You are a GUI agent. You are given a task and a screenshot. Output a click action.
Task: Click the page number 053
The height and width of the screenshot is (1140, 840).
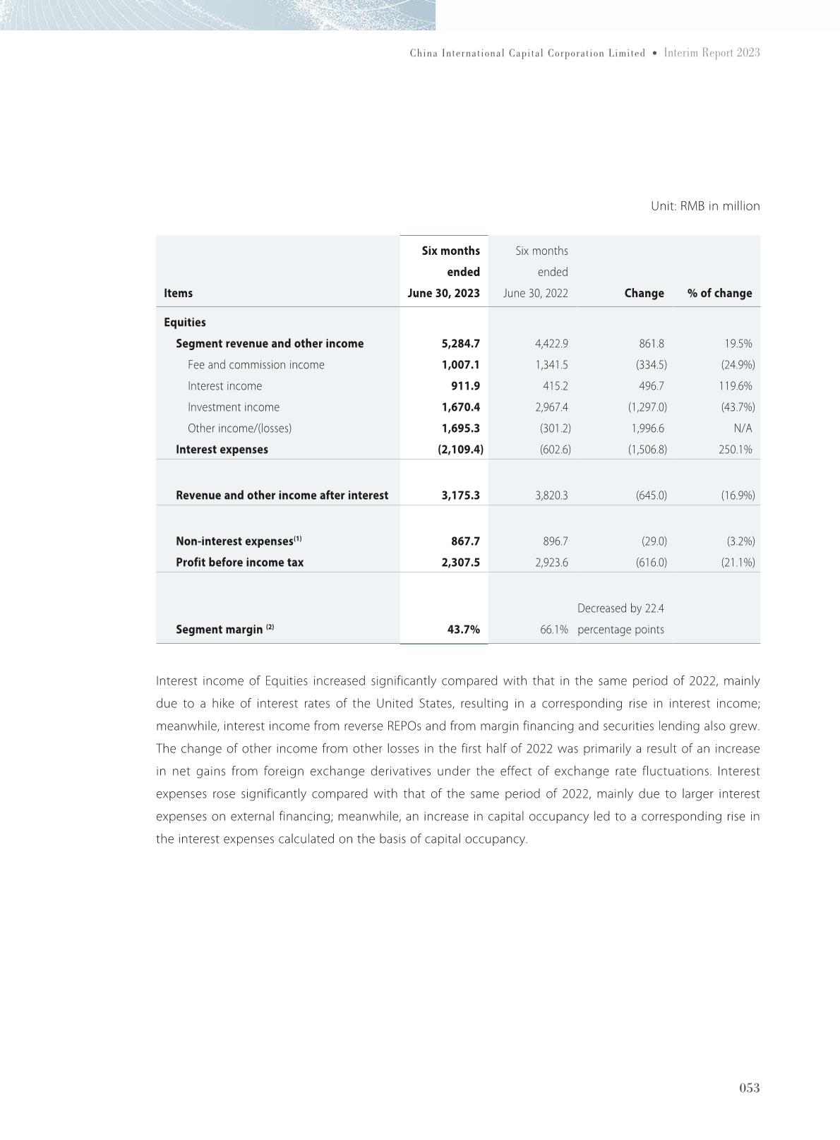coord(749,1088)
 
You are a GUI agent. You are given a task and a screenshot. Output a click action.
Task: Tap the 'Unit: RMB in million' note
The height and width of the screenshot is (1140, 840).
coord(704,206)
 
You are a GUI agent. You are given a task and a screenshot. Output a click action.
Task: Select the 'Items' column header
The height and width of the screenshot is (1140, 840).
coord(178,293)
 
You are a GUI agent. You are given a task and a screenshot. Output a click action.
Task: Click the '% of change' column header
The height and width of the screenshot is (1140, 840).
coord(719,293)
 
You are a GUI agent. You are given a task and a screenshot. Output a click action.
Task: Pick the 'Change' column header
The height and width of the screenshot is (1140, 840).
coord(644,293)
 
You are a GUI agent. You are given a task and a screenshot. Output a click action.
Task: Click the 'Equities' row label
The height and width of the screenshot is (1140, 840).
coord(185,322)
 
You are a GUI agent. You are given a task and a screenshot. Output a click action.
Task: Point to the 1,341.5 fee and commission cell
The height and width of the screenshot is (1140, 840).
coord(551,365)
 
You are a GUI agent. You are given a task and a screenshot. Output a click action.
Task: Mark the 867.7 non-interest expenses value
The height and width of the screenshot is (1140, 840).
coord(465,541)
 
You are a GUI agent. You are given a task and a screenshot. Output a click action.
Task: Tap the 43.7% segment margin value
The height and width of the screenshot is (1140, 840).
coord(463,630)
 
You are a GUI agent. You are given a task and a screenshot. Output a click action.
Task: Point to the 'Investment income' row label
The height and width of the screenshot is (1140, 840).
coord(234,407)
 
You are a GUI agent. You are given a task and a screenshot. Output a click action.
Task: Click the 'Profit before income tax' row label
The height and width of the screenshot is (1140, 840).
coord(239,563)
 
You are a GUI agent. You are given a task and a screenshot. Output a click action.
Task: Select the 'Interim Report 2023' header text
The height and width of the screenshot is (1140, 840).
coord(712,53)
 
